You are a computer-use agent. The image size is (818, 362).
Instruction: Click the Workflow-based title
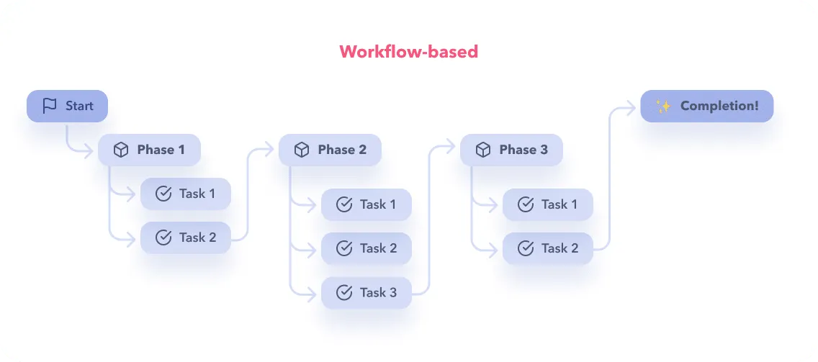pos(408,52)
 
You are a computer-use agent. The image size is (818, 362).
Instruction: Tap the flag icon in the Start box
pos(50,106)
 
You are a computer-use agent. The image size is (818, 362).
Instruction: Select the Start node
pos(67,106)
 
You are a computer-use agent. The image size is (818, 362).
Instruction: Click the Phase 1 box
pos(149,150)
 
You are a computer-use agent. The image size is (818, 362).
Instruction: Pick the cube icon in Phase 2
pos(302,150)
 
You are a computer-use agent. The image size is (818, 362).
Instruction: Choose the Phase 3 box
pos(511,150)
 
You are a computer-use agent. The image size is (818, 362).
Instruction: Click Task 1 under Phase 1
pos(186,194)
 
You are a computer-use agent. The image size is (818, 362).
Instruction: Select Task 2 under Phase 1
pos(186,237)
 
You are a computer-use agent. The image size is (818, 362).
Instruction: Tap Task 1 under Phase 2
pos(367,204)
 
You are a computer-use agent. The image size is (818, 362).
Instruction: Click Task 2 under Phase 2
pos(367,248)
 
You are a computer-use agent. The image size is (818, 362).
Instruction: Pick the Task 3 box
pos(367,292)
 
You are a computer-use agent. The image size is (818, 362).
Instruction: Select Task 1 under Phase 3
pos(548,204)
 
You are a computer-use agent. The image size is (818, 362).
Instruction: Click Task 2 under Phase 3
pos(548,248)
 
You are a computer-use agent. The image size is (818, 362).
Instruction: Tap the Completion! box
pos(707,106)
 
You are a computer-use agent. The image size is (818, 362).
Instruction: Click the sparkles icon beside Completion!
pos(663,106)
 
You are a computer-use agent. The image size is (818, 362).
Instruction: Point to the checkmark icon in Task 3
pos(345,292)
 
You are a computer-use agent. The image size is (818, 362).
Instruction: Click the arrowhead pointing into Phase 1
pos(91,150)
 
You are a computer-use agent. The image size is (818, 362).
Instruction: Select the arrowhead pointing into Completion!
pos(634,107)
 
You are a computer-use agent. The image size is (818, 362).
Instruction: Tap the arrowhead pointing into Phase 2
pos(272,150)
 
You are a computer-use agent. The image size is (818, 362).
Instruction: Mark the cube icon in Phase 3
pos(483,150)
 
